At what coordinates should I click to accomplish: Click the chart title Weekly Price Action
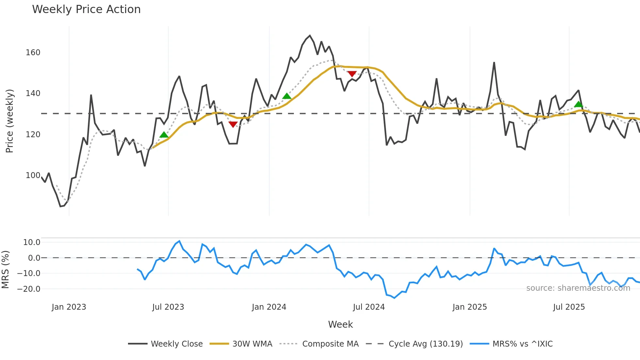[86, 9]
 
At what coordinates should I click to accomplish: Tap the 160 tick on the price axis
[33, 53]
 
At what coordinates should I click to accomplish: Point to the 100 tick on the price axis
[33, 175]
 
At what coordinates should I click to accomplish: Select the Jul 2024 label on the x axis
[369, 307]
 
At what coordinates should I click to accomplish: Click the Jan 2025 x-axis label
[470, 307]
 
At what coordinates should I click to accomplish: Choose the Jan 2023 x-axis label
[69, 307]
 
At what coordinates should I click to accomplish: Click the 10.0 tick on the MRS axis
[32, 242]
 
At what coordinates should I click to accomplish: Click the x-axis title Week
[340, 324]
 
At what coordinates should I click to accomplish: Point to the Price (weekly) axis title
[10, 121]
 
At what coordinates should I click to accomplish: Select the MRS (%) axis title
[6, 270]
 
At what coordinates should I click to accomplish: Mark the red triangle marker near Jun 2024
[352, 74]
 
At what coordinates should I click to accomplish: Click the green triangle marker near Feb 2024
[286, 96]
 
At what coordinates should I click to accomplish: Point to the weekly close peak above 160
[310, 36]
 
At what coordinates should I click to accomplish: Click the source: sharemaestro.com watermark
[578, 288]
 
